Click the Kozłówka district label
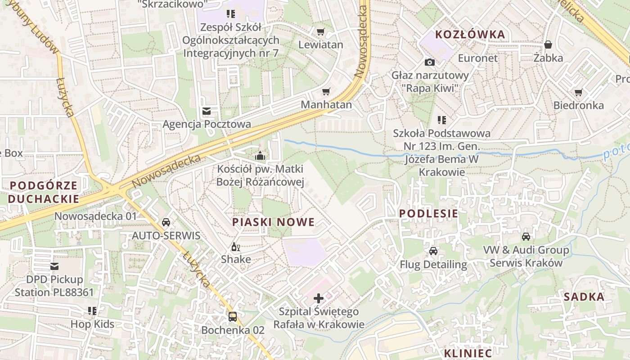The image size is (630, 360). click(470, 35)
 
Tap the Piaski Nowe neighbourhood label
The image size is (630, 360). click(273, 222)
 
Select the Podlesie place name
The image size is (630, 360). click(428, 214)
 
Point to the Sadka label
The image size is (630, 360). click(584, 297)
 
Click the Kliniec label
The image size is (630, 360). click(468, 352)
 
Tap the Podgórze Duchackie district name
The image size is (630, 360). click(43, 192)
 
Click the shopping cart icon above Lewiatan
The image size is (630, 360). click(320, 31)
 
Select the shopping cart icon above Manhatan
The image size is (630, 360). click(326, 92)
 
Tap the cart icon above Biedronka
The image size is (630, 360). click(578, 93)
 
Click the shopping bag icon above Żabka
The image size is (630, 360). click(548, 45)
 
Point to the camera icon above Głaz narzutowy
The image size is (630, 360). click(430, 62)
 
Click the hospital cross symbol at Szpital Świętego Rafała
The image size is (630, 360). click(319, 298)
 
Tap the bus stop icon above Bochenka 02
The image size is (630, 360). click(232, 317)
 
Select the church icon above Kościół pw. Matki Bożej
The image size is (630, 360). click(260, 156)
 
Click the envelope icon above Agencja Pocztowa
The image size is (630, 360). click(207, 111)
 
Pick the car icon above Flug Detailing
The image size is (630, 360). click(433, 251)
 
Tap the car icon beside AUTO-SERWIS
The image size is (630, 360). click(166, 222)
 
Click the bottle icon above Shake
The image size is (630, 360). click(235, 247)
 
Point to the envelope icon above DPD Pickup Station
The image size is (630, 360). click(54, 266)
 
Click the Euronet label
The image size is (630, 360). click(477, 58)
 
